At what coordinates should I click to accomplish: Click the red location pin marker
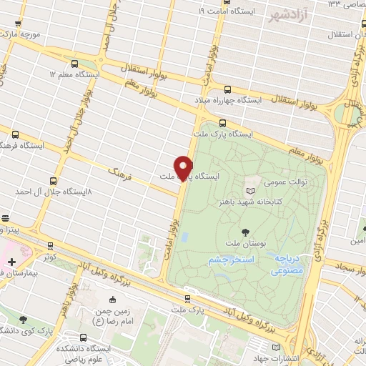[184, 167]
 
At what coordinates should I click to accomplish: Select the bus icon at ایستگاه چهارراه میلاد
[228, 90]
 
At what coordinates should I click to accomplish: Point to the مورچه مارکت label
[19, 34]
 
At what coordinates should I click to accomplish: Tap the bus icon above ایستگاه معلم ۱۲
[75, 64]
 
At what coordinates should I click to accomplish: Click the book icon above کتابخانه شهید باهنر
[249, 191]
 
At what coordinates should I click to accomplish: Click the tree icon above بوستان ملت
[246, 232]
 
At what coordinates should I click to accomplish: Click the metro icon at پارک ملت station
[188, 300]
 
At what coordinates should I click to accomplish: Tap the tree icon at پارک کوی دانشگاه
[24, 320]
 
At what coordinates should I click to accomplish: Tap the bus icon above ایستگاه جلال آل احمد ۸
[52, 182]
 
